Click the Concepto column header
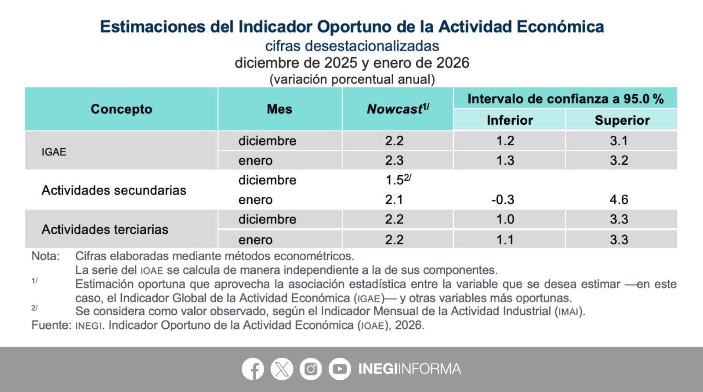pos(121,109)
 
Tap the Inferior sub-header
pos(510,120)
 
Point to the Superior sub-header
pos(622,120)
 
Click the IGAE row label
pos(54,152)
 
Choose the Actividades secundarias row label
pos(114,191)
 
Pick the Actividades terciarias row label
pos(105,229)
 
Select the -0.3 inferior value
pos(503,199)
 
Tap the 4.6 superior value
pos(619,199)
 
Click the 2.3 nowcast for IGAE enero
pos(394,160)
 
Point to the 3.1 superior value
pos(619,140)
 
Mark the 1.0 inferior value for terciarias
pos(505,219)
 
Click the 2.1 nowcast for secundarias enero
pos(394,199)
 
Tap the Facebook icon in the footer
pos(253,369)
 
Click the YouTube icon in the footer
pos(340,369)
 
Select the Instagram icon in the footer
pos(311,369)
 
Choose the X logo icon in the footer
pos(282,369)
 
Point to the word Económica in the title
pos(560,26)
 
